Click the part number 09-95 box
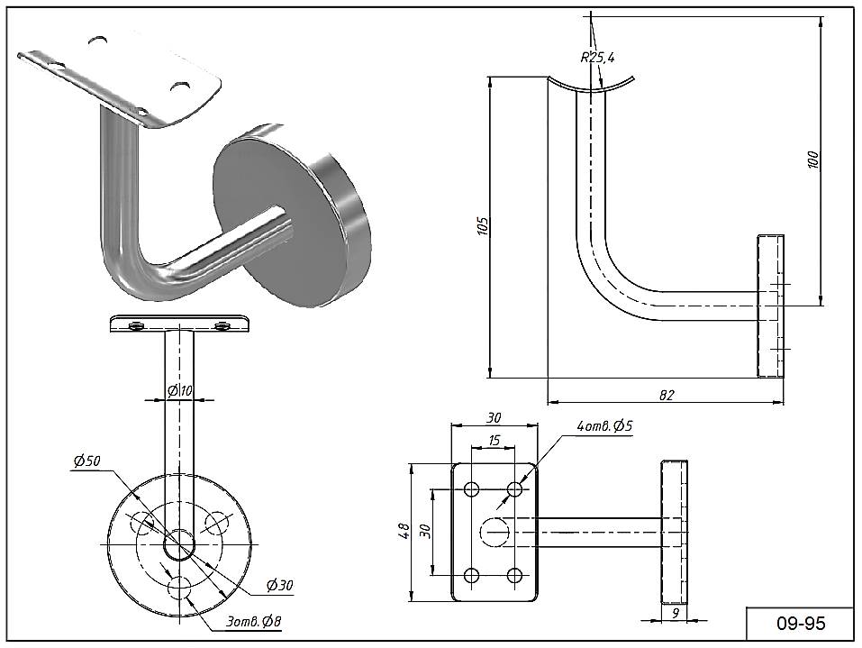[x=801, y=624]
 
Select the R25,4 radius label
[x=597, y=58]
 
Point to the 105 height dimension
[x=482, y=225]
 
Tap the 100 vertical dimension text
[x=812, y=160]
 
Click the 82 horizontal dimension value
[x=667, y=395]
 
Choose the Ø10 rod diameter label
[x=180, y=390]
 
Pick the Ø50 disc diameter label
[x=86, y=461]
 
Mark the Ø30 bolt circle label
[x=280, y=586]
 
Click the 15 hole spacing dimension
[x=494, y=440]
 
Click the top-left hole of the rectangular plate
[x=471, y=489]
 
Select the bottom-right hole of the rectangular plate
[x=515, y=575]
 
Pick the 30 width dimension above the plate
[x=494, y=417]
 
